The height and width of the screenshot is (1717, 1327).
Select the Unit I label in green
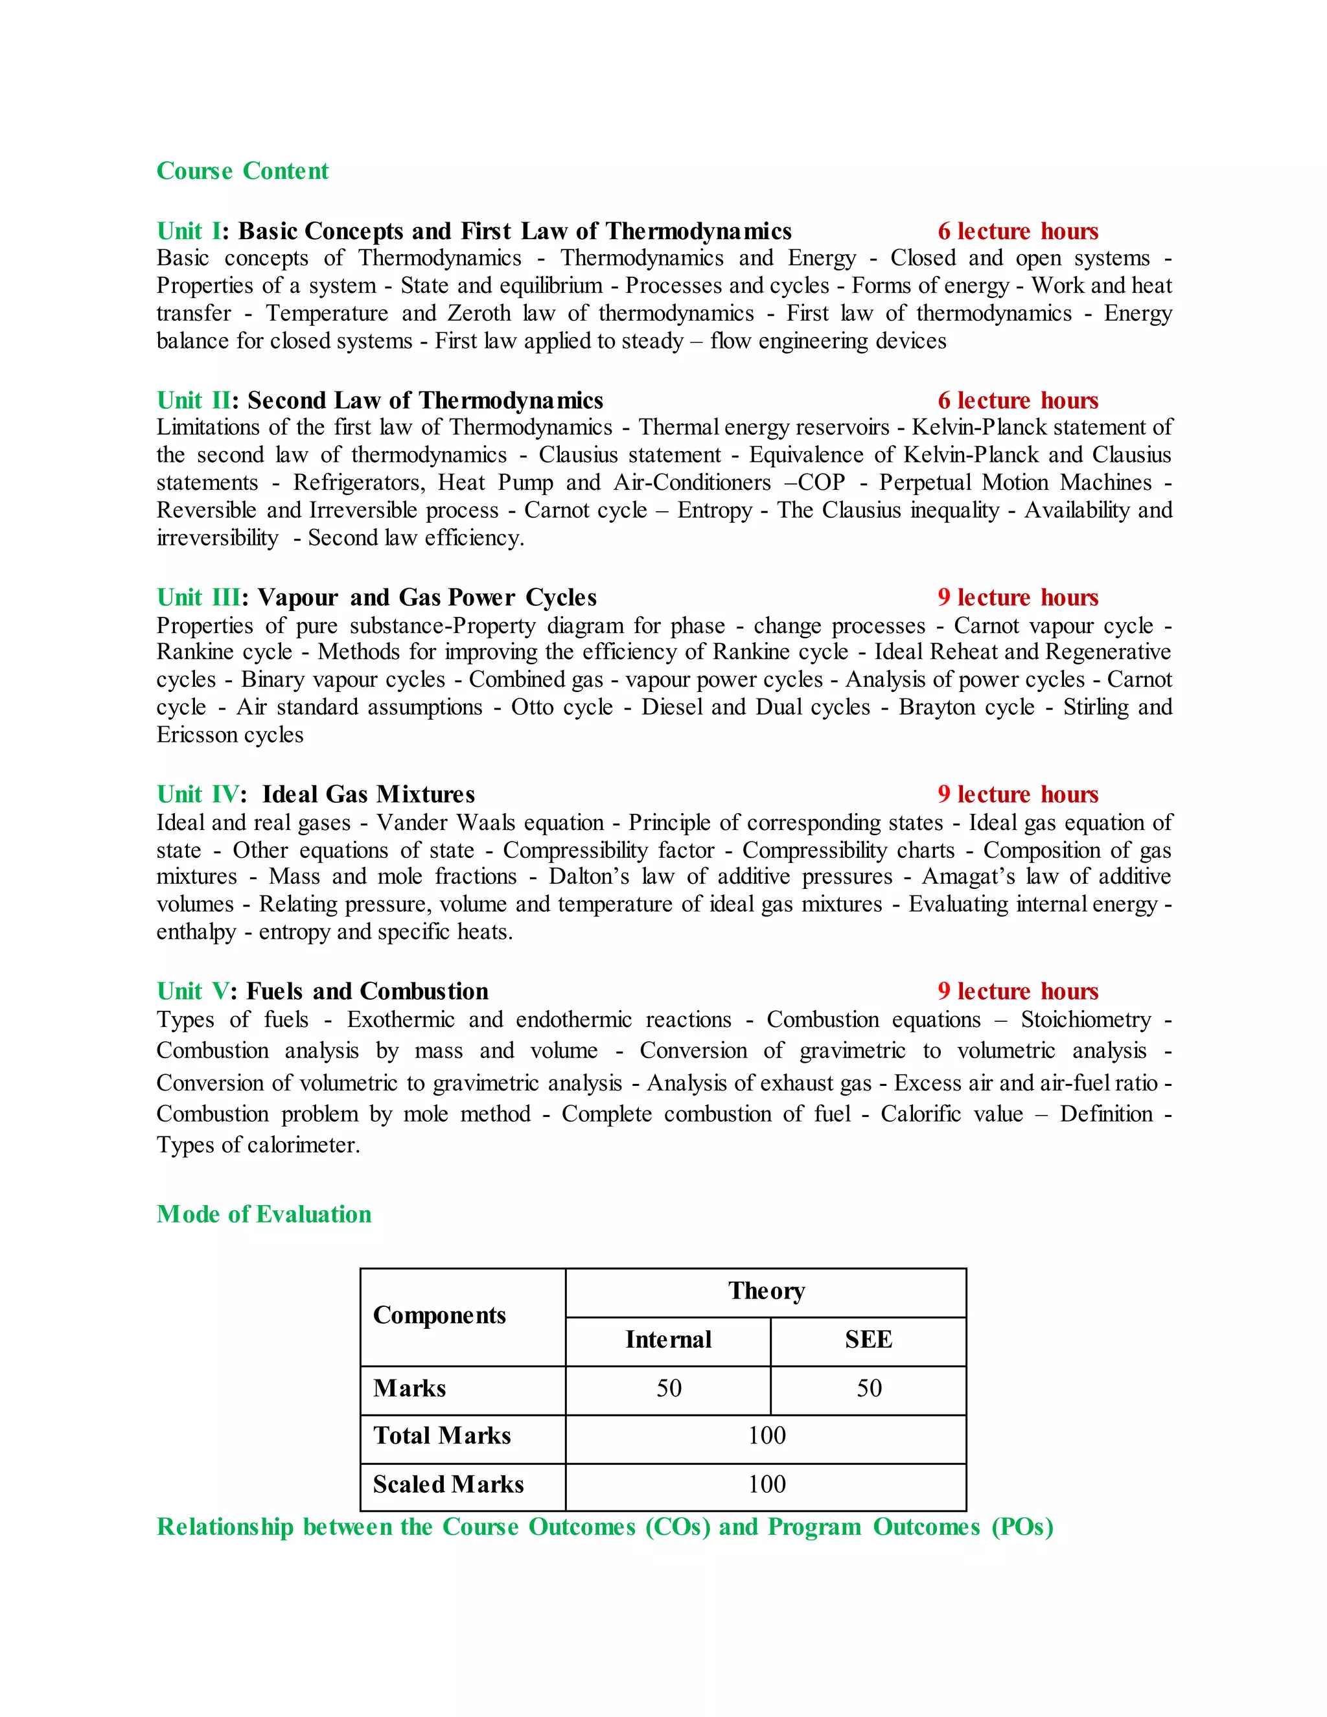[189, 231]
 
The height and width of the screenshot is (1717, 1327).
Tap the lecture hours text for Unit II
[1017, 401]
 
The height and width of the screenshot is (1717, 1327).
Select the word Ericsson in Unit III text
[196, 735]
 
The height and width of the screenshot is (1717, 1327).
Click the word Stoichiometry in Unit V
[1086, 1020]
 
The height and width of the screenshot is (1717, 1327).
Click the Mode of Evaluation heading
[264, 1215]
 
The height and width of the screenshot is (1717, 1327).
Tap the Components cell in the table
[439, 1315]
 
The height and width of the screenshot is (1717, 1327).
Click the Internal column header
[668, 1340]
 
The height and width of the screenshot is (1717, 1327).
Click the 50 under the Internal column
[668, 1389]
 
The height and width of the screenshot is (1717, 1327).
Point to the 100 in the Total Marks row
[766, 1436]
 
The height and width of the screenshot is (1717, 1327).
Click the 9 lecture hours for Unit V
[1017, 991]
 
